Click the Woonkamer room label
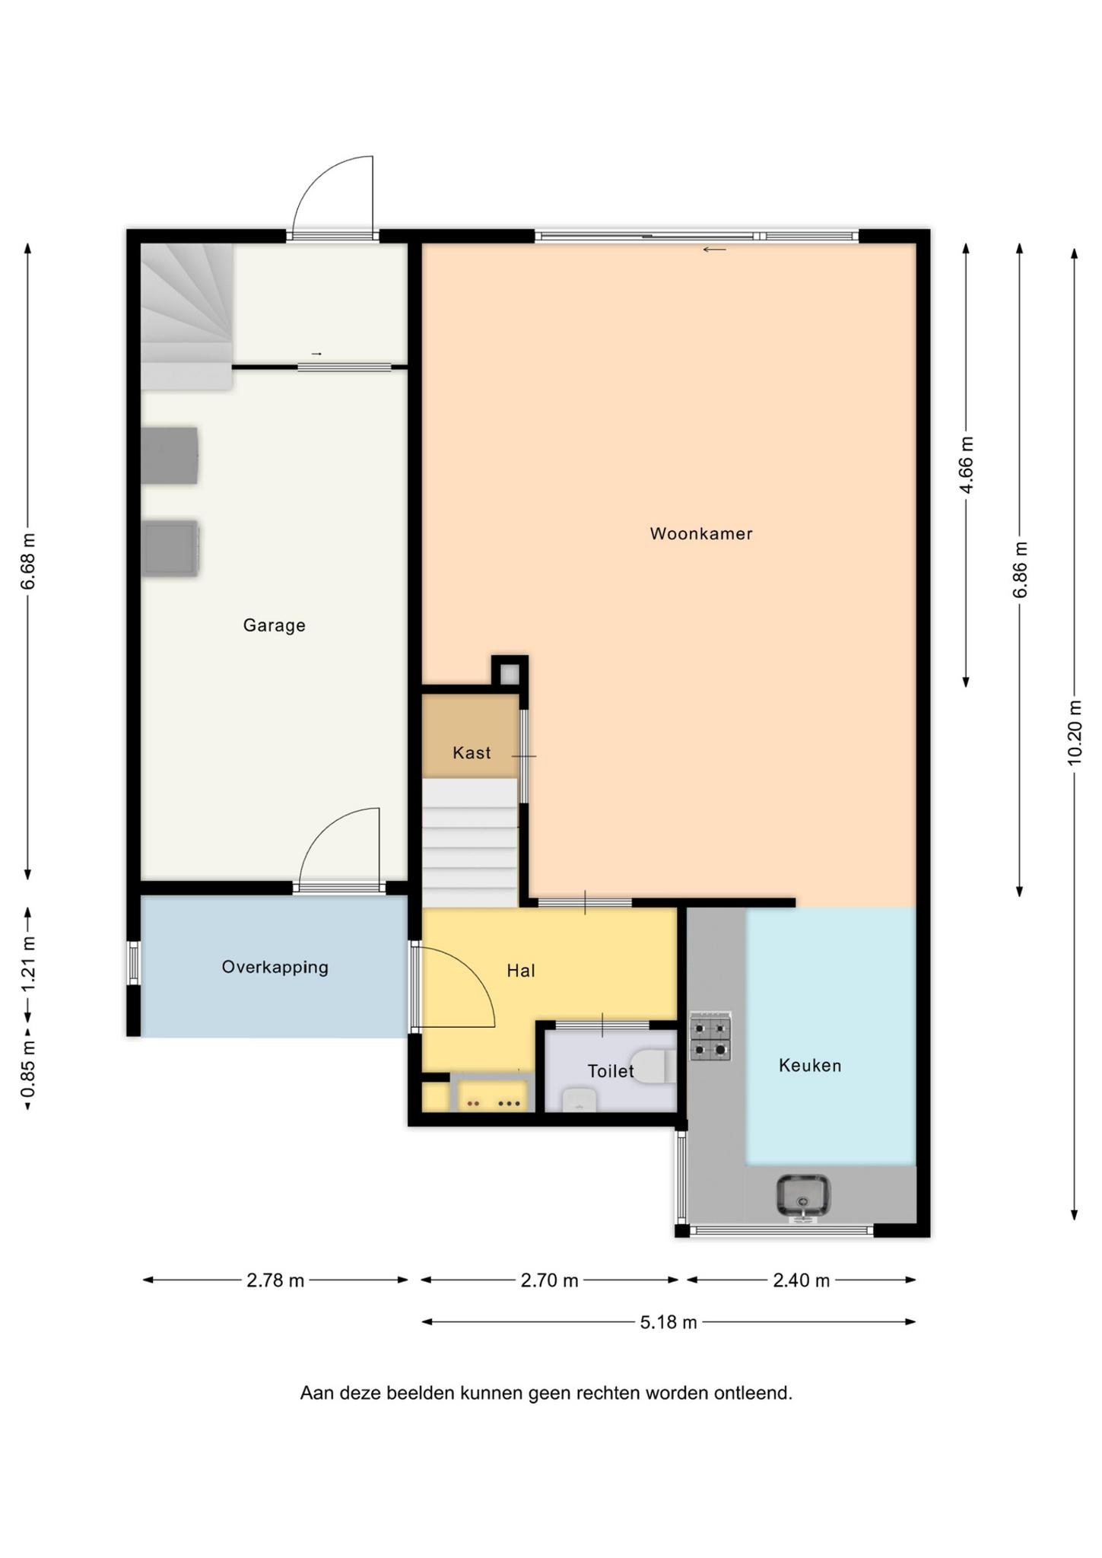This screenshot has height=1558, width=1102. pyautogui.click(x=700, y=533)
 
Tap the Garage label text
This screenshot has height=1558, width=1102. pyautogui.click(x=274, y=625)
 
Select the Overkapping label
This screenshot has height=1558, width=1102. pyautogui.click(x=275, y=968)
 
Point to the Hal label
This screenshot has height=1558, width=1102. pyautogui.click(x=521, y=971)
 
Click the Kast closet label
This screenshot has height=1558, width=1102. pyautogui.click(x=472, y=753)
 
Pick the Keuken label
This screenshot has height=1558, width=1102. pyautogui.click(x=810, y=1066)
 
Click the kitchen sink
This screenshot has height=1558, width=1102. pyautogui.click(x=803, y=1195)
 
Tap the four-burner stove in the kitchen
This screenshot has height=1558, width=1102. pyautogui.click(x=710, y=1036)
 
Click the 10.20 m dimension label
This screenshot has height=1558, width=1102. pyautogui.click(x=1074, y=732)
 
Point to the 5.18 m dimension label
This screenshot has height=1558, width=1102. pyautogui.click(x=669, y=1322)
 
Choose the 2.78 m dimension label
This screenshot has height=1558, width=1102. pyautogui.click(x=275, y=1280)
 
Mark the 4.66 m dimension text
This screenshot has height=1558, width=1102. pyautogui.click(x=966, y=465)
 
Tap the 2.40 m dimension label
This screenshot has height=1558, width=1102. pyautogui.click(x=801, y=1280)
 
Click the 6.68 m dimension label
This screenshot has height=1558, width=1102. pyautogui.click(x=28, y=561)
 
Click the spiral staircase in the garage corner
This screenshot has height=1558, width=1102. pyautogui.click(x=186, y=316)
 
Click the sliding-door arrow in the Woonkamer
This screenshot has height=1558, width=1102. pyautogui.click(x=714, y=250)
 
